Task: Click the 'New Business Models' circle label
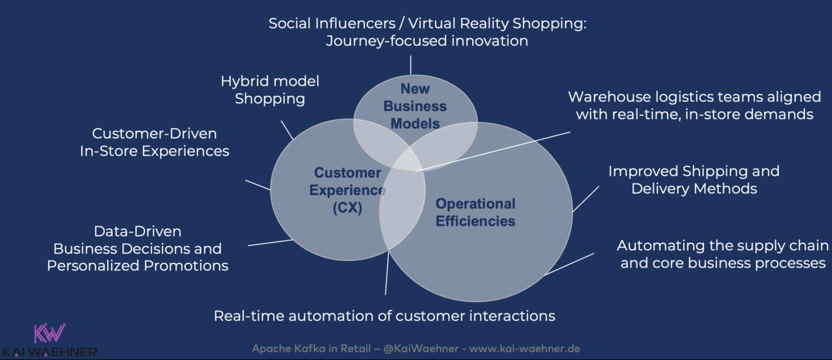pyautogui.click(x=415, y=106)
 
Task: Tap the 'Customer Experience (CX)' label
pyautogui.click(x=347, y=190)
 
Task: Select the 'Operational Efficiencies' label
pyautogui.click(x=475, y=212)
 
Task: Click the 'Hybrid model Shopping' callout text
pyautogui.click(x=270, y=90)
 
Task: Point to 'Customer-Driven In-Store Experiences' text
pyautogui.click(x=154, y=142)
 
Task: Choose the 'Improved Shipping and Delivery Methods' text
pyautogui.click(x=693, y=180)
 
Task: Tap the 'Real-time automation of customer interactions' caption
pyautogui.click(x=384, y=315)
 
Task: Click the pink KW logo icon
pyautogui.click(x=50, y=333)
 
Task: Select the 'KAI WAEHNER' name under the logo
pyautogui.click(x=49, y=352)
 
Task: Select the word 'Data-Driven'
pyautogui.click(x=137, y=231)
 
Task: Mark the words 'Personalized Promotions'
pyautogui.click(x=137, y=265)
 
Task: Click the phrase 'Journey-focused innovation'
pyautogui.click(x=427, y=41)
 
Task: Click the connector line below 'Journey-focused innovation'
pyautogui.click(x=411, y=65)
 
